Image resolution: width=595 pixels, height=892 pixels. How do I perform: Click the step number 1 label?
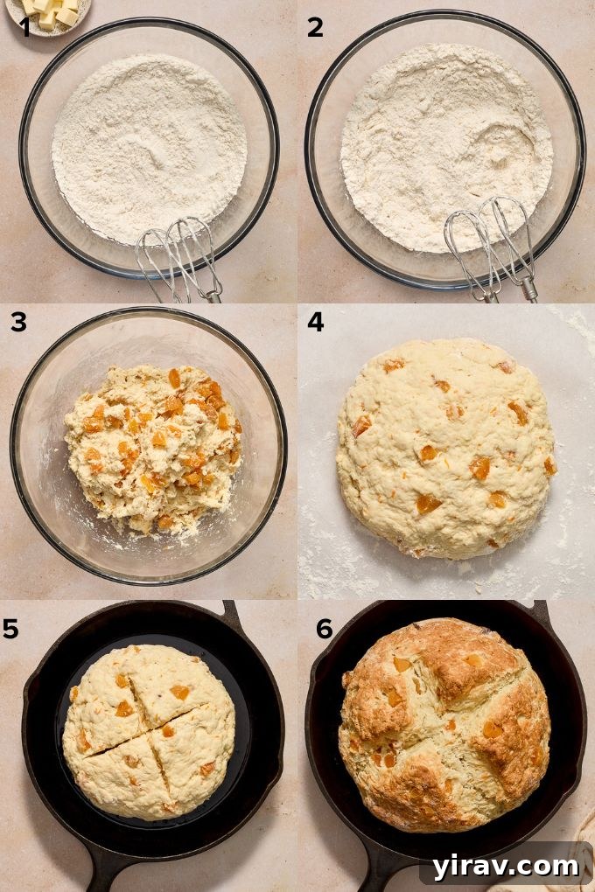[x=26, y=28]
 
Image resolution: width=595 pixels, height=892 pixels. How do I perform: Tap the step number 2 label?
[x=315, y=28]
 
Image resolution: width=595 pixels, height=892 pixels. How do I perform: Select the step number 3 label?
[x=19, y=322]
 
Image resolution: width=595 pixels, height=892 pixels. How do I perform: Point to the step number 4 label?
[x=315, y=322]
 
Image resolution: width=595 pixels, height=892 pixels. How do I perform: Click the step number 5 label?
[x=11, y=629]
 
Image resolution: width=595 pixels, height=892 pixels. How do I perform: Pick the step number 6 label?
[x=324, y=629]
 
